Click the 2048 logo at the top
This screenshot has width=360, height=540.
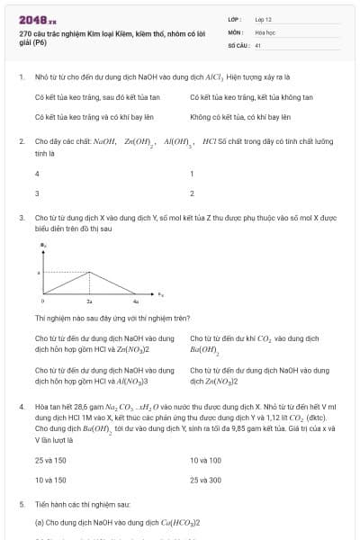[37, 18]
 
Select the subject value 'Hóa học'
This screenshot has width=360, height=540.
[265, 31]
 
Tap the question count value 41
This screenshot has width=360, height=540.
[257, 44]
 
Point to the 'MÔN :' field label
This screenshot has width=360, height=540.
[236, 31]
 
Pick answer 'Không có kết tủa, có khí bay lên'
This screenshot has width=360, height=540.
[239, 117]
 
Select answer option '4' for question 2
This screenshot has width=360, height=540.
[37, 174]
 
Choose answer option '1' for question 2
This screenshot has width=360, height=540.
[192, 174]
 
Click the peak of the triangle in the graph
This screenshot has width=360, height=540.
[88, 272]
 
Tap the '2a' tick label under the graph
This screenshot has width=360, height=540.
[88, 301]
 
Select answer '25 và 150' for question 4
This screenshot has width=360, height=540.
[50, 460]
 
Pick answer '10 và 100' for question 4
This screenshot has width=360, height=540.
[205, 460]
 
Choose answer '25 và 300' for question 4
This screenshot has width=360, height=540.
[206, 480]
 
